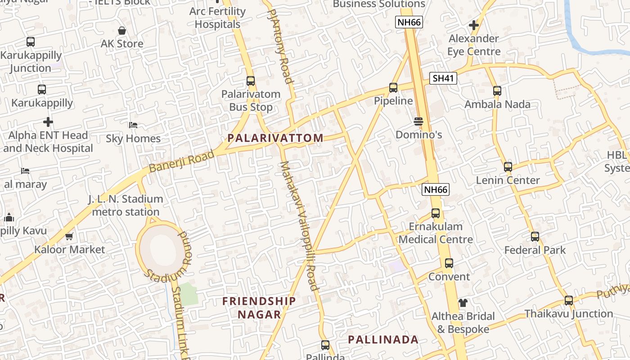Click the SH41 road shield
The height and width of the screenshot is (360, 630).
tap(443, 78)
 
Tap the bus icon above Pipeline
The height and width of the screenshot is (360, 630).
tap(393, 88)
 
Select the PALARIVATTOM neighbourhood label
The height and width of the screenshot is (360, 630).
tap(275, 138)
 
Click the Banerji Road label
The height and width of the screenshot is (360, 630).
tap(181, 161)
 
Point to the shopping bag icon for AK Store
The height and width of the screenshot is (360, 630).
tap(121, 31)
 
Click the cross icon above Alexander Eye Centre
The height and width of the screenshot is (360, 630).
tap(473, 25)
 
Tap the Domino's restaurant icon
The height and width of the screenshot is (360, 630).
tap(418, 121)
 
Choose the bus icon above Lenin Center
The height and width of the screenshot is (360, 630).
tap(508, 167)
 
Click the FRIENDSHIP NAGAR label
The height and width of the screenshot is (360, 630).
tap(259, 307)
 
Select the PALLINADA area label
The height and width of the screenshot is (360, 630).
tap(383, 340)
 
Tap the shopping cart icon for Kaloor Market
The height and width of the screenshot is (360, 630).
tap(69, 236)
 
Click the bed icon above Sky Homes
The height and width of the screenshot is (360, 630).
tap(133, 125)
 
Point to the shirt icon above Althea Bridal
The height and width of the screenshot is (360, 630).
tap(463, 303)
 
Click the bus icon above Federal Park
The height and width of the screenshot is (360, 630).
tap(535, 237)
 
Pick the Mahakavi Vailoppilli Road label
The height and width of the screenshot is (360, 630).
tap(300, 226)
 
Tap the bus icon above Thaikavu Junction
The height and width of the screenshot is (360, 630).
tap(569, 301)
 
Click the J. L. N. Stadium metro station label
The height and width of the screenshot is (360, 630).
tap(126, 205)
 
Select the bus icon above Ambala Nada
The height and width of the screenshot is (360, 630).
tap(497, 91)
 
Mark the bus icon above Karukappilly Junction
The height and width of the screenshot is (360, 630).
tap(31, 42)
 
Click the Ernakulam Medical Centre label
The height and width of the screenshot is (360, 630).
tap(436, 233)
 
